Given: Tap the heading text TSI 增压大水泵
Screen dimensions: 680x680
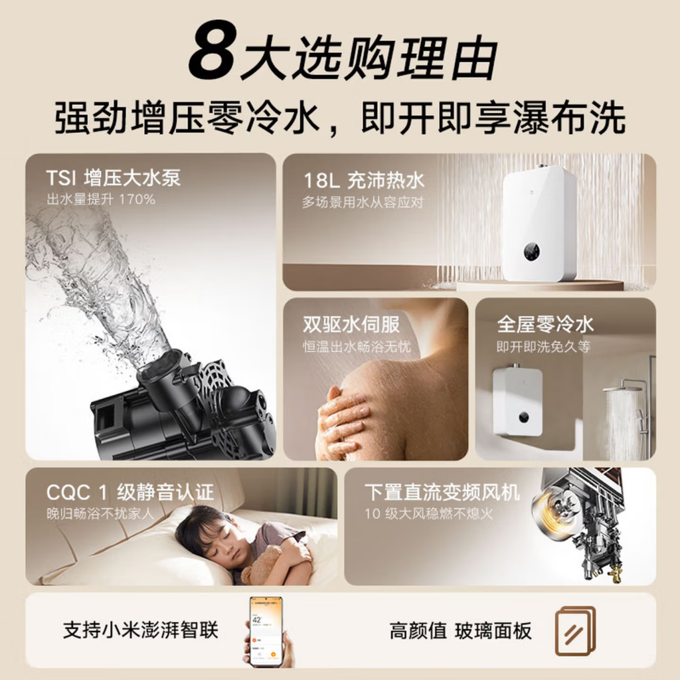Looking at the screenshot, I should (x=113, y=178).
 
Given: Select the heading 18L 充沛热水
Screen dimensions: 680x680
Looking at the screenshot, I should (x=363, y=181).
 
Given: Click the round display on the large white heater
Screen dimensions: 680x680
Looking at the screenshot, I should (x=531, y=251).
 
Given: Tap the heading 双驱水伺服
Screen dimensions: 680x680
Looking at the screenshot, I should (x=351, y=325).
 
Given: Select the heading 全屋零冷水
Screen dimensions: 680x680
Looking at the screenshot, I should (x=545, y=325).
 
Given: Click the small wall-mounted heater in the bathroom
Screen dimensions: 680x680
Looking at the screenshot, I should (x=517, y=401).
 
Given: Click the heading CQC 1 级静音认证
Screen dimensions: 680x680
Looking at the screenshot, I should (x=130, y=493).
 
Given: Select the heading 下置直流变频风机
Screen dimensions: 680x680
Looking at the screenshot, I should (x=442, y=493).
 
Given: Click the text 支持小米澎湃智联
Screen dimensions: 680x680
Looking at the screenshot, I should (x=140, y=630).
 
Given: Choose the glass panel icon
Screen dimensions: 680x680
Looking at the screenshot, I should (x=574, y=630).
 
